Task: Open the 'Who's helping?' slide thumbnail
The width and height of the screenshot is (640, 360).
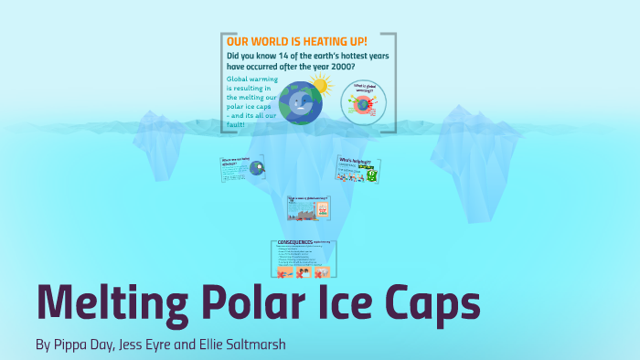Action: pyautogui.click(x=357, y=169)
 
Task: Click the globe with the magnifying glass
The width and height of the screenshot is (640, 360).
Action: pyautogui.click(x=257, y=168)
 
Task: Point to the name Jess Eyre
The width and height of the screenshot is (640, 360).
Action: pyautogui.click(x=159, y=344)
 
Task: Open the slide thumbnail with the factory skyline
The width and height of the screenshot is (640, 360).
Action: pyautogui.click(x=308, y=209)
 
